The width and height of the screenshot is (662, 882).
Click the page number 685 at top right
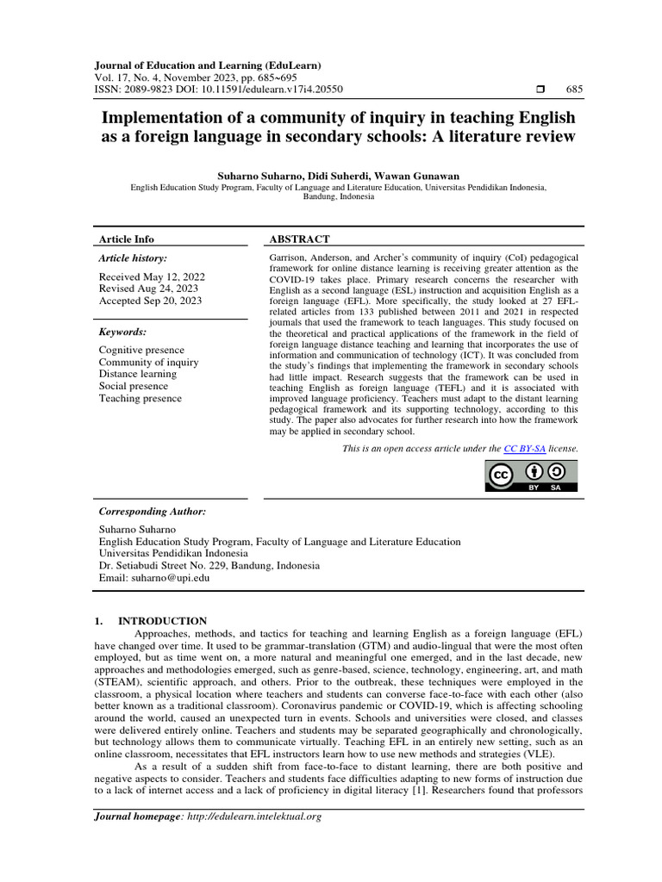(574, 90)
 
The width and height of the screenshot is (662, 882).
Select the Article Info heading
(126, 239)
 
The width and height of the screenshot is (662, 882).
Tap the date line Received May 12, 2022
(153, 276)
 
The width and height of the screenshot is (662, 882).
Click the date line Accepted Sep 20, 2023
(152, 301)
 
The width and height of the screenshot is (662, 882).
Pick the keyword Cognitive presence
(141, 350)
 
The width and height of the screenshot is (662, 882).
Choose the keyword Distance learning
(138, 374)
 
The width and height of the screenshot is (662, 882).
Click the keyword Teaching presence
(141, 398)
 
